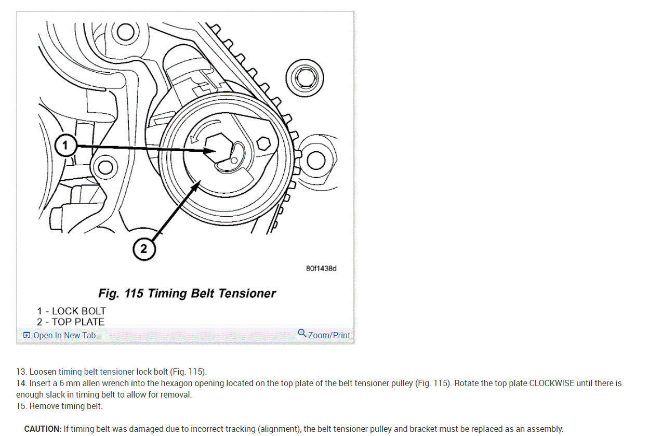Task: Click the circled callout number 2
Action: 144,249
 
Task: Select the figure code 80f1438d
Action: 321,269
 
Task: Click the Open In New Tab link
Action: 64,336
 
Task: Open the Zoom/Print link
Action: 329,336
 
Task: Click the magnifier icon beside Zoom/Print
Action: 302,333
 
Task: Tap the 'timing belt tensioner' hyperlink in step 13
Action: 96,372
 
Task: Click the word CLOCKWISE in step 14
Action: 552,384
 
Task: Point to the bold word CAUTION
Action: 43,429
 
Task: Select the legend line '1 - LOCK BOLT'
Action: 71,311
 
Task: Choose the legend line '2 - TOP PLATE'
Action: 71,322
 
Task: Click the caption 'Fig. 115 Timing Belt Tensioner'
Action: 187,294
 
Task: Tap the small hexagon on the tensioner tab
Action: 263,143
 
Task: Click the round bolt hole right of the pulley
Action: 315,162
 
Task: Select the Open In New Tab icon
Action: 27,336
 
